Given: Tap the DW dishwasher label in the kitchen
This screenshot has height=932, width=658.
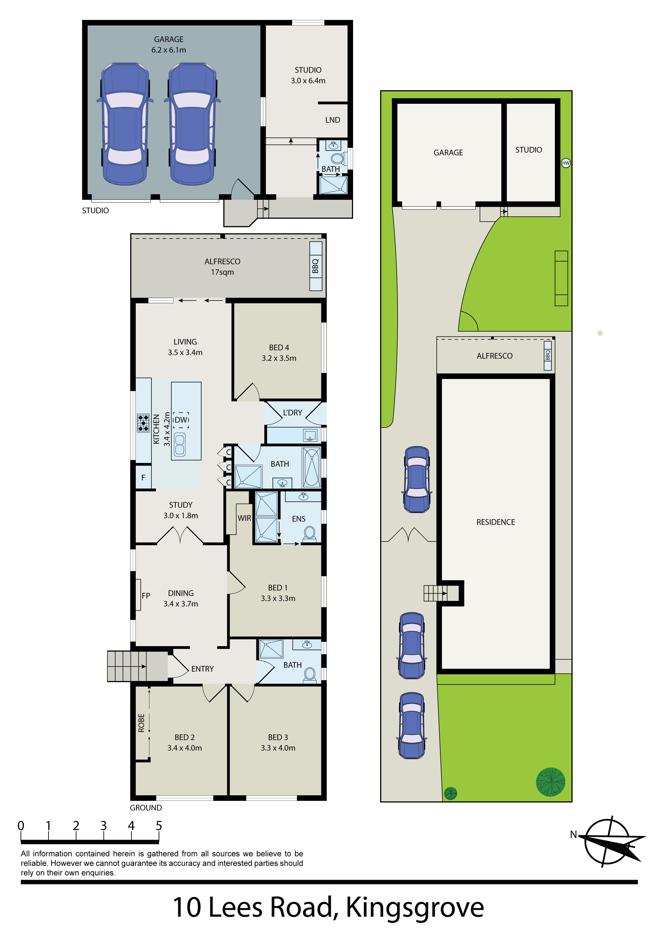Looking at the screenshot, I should coord(181,420).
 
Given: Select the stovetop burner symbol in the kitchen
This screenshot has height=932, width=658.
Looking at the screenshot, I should coord(143,423).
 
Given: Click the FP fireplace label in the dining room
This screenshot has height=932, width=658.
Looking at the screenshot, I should coord(146,596).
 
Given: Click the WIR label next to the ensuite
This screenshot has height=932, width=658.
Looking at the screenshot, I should coord(244,518).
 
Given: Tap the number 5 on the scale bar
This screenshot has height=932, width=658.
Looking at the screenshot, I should coord(159,826).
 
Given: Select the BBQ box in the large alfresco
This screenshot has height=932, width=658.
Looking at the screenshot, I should coord(316,266).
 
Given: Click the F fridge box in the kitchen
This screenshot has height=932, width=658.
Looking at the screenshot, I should coord(143,478).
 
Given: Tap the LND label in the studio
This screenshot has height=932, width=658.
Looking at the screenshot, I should coord(332,120).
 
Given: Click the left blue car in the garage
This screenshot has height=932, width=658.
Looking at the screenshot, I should coord(124,124).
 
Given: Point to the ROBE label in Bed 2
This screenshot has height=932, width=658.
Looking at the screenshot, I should coord(142,723).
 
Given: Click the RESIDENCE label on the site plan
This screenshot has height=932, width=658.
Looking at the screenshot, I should coord(495,522).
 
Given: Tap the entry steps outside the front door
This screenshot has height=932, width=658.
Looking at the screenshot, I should coord(127,666).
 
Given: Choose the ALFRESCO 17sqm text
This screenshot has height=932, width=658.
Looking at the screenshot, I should coord(222,267).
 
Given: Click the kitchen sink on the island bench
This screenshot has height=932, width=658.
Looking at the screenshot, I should coord(179,444).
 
